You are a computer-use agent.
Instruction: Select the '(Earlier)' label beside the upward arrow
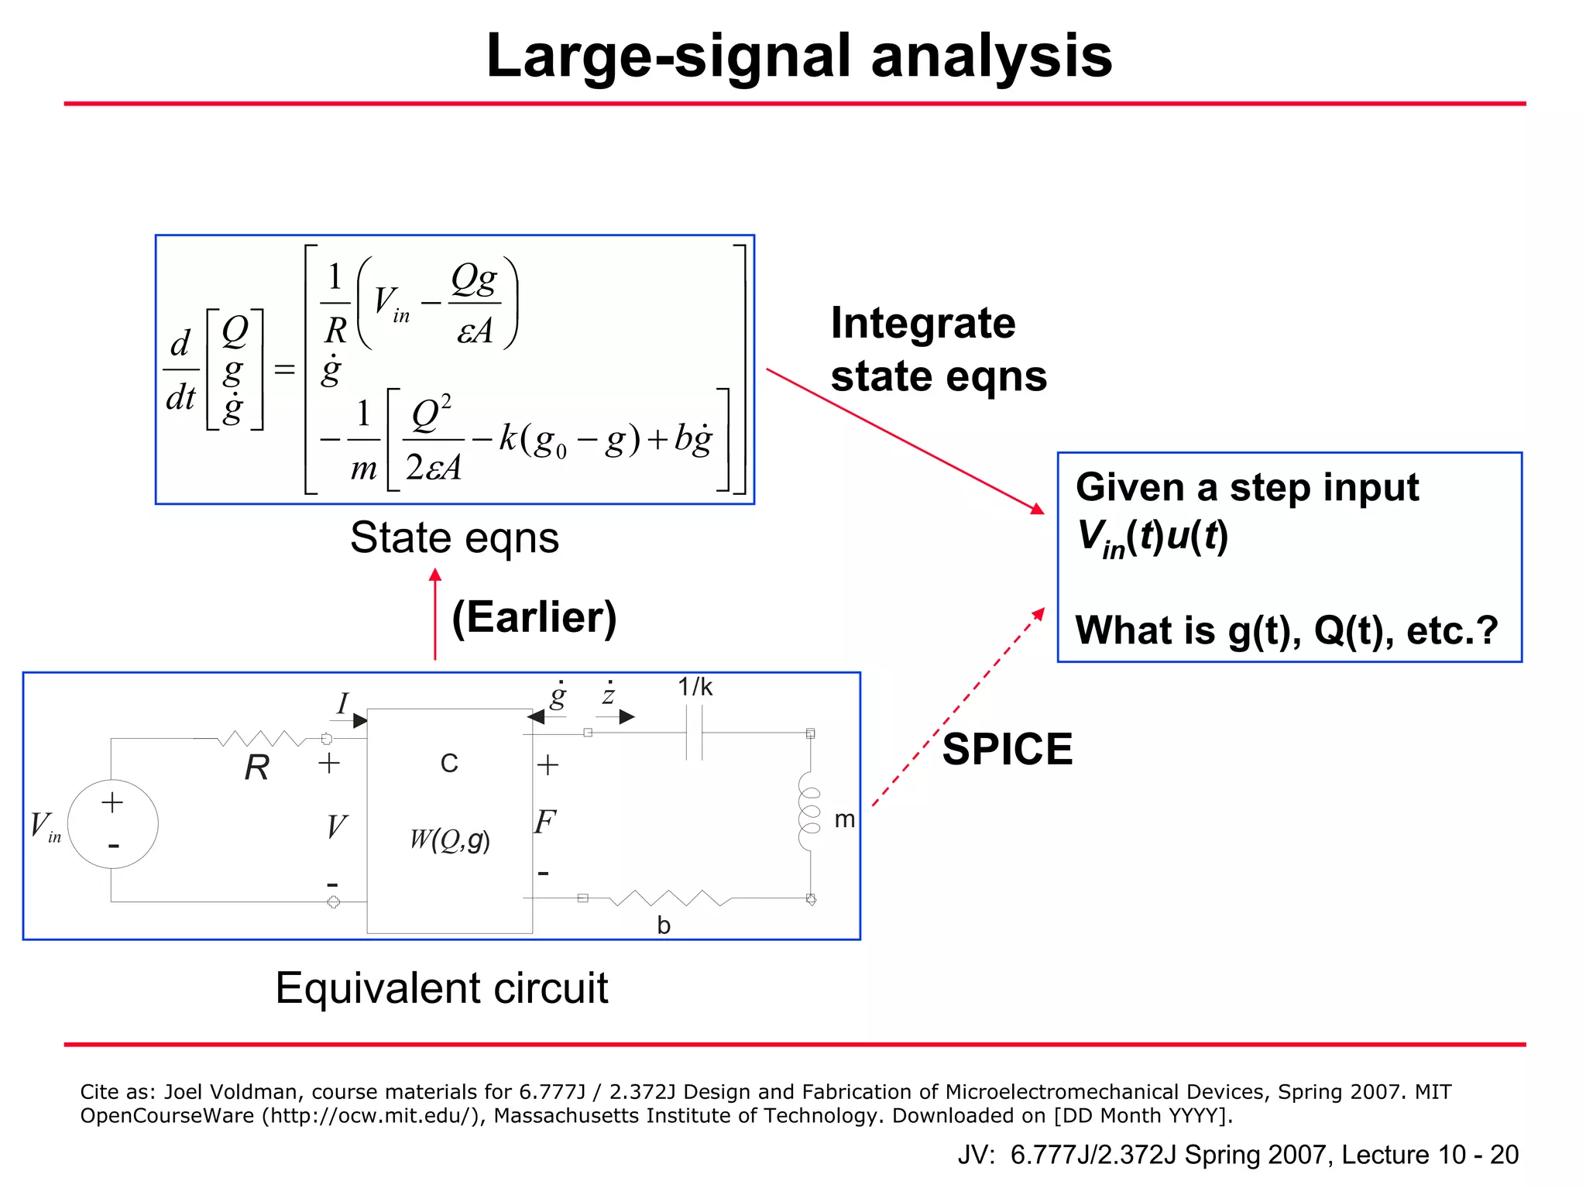(x=534, y=617)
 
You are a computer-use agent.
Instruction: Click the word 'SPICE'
(x=1007, y=749)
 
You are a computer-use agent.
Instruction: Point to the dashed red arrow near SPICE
(x=957, y=707)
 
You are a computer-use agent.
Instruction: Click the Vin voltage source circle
(x=113, y=823)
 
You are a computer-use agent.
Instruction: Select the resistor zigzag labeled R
(x=262, y=739)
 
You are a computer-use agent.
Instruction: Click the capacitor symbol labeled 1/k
(x=695, y=733)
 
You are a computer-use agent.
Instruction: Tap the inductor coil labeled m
(x=808, y=810)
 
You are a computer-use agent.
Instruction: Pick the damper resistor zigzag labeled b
(x=671, y=898)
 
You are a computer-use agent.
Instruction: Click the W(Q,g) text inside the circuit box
(x=449, y=839)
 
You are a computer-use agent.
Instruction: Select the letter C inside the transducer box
(x=449, y=763)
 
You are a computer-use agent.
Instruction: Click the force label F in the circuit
(x=544, y=822)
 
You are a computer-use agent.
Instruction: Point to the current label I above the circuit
(x=342, y=703)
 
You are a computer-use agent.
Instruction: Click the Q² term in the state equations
(x=431, y=415)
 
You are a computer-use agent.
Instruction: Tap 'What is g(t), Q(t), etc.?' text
(x=1286, y=630)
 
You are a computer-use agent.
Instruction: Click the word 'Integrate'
(x=922, y=323)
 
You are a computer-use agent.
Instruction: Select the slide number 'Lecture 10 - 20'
(x=1430, y=1154)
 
